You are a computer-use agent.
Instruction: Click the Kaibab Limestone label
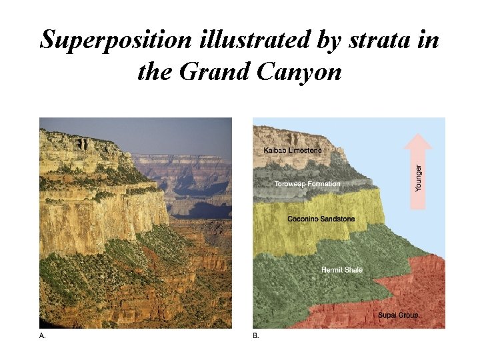(293, 151)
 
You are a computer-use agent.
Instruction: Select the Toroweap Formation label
(307, 183)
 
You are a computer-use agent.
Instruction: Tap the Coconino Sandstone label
(321, 219)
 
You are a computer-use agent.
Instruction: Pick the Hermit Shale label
(342, 270)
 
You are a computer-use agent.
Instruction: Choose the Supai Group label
(399, 315)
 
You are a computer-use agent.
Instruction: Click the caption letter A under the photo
(43, 336)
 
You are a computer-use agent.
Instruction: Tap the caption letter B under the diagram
(256, 336)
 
